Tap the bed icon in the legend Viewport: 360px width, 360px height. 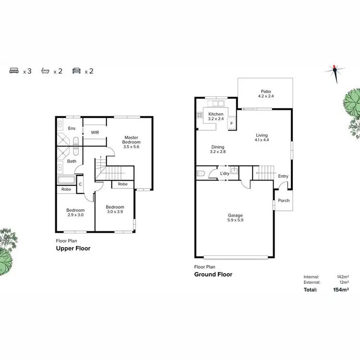[14, 71]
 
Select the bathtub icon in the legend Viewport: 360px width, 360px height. [45, 71]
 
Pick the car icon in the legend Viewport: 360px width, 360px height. [76, 71]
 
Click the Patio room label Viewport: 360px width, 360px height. [266, 94]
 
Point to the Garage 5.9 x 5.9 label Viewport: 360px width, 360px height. [235, 218]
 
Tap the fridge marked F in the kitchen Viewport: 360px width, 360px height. [231, 123]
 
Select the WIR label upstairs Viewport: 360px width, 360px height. [95, 132]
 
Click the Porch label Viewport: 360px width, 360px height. [284, 200]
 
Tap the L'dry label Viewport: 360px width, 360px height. [224, 173]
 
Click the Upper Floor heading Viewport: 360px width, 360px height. [73, 249]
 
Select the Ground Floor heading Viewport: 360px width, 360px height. [213, 275]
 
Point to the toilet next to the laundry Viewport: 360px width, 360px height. [201, 173]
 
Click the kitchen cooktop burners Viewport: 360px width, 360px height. [199, 116]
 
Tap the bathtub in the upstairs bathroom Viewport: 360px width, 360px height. [65, 181]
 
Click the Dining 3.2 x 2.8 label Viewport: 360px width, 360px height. [217, 150]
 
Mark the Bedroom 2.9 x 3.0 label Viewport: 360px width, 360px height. [75, 213]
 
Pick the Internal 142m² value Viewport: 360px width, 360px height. [343, 277]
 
